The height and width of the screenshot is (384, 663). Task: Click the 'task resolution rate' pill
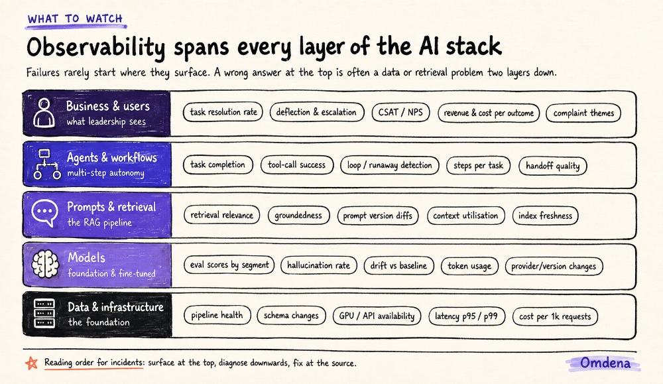(223, 112)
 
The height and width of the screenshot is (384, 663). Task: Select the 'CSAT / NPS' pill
(400, 113)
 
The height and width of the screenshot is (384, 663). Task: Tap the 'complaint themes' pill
(583, 113)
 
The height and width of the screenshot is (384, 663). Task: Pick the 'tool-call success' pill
(297, 165)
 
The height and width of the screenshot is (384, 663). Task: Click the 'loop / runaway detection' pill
(389, 165)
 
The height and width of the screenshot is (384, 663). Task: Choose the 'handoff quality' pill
(553, 166)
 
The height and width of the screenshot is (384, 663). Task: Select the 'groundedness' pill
(298, 216)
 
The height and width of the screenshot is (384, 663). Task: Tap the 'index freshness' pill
(545, 216)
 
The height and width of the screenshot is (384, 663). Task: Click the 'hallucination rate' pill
(319, 265)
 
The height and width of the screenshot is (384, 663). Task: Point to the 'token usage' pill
(469, 266)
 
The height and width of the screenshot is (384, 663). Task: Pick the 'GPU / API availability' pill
(377, 316)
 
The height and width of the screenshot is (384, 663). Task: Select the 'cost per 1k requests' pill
(555, 316)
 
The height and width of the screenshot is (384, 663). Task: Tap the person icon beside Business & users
(44, 113)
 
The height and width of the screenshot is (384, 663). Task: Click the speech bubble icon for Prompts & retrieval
(44, 213)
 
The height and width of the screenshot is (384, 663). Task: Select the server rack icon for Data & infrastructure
(44, 314)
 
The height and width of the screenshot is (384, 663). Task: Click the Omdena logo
(605, 363)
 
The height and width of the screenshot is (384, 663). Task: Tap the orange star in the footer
(31, 363)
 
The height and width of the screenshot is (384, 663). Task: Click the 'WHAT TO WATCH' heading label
(76, 19)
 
